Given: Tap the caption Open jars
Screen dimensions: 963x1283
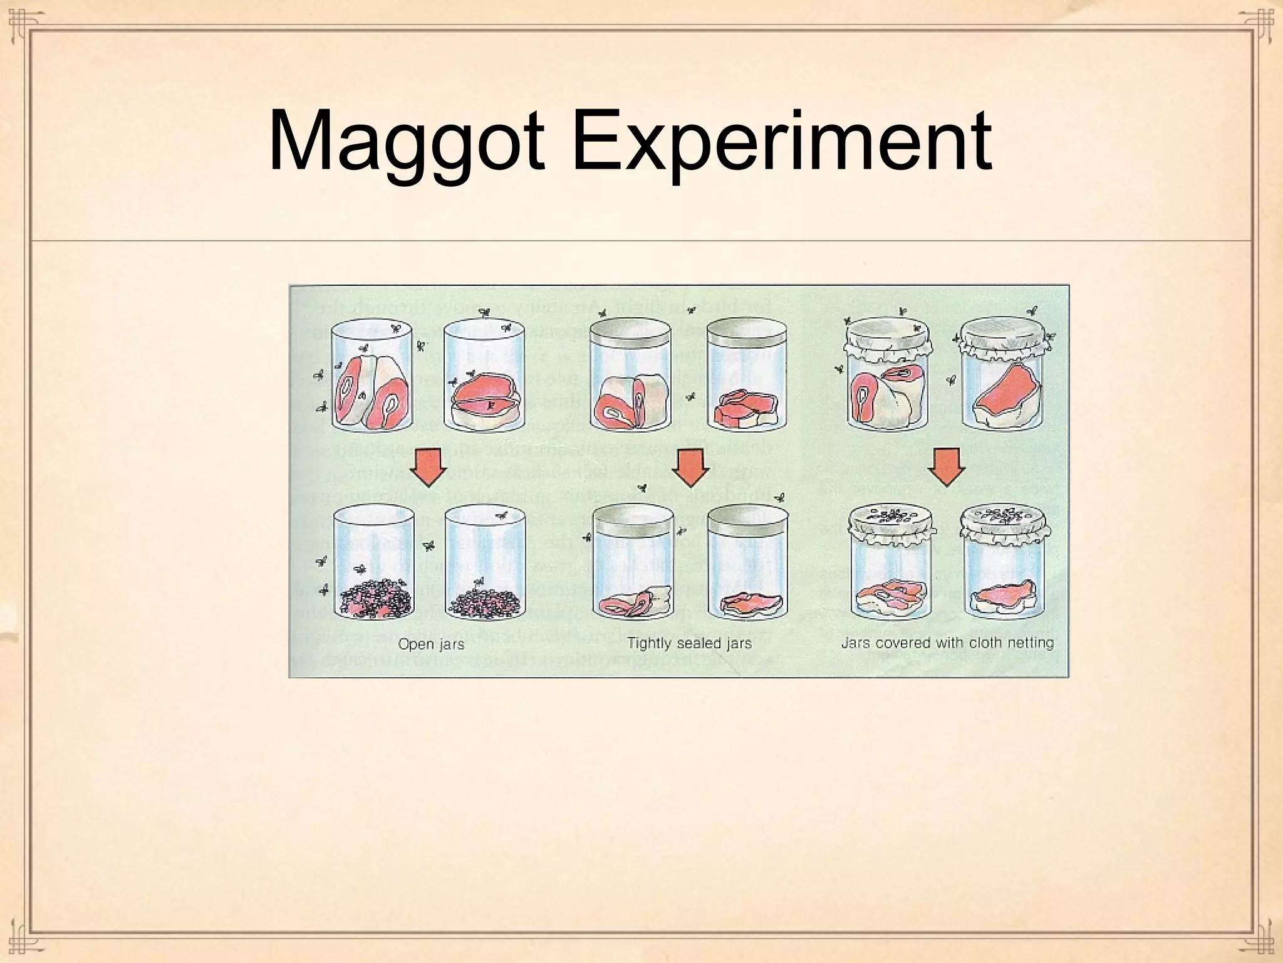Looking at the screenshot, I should click(x=431, y=644).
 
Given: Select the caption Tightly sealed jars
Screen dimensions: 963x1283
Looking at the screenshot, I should click(x=689, y=643).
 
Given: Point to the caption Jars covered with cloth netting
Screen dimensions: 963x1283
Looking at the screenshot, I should click(x=947, y=643).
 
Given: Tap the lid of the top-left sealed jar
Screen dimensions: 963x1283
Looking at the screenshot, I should click(x=631, y=335).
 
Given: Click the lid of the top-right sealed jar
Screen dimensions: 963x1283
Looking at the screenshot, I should click(x=747, y=335).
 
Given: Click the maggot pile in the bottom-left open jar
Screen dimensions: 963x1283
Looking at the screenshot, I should click(x=375, y=598).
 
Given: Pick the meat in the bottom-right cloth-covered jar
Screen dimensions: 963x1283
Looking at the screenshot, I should click(x=1002, y=596).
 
